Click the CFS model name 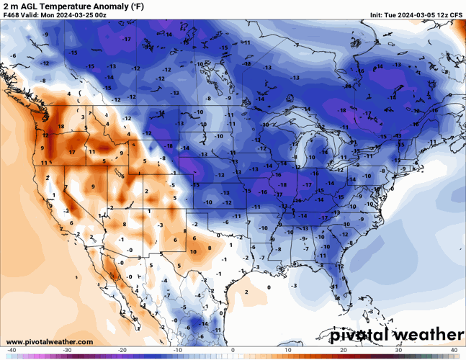(457, 14)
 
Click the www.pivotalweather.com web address (49, 341)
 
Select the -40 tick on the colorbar (12, 350)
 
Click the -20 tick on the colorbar (122, 350)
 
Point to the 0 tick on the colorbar (233, 350)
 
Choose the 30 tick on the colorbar (399, 350)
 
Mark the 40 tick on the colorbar (454, 350)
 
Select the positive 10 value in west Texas (193, 251)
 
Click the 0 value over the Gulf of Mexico (269, 287)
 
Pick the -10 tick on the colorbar (178, 350)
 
